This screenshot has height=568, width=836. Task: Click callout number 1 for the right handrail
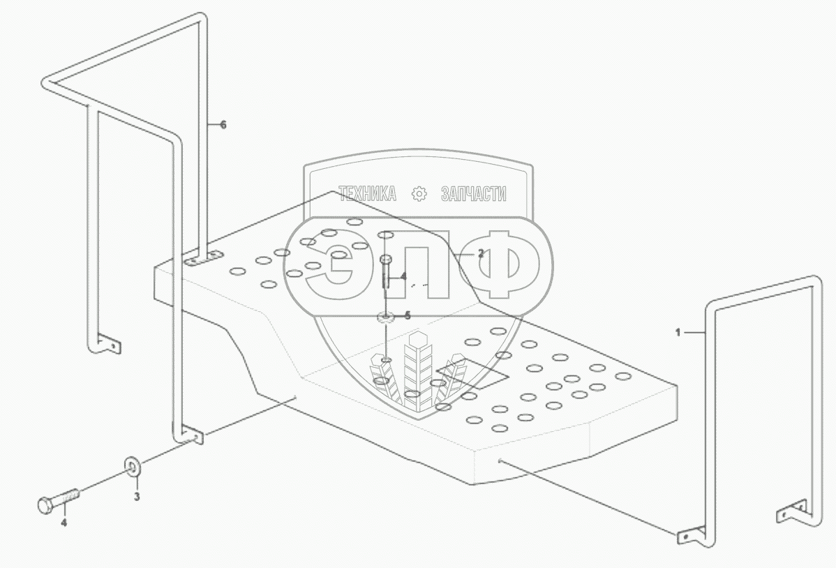[677, 334]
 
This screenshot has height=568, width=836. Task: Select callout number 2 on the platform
[480, 254]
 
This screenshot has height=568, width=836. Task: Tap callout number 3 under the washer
[137, 497]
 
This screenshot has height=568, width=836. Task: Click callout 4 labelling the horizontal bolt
[64, 522]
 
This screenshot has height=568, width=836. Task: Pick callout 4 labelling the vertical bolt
[403, 276]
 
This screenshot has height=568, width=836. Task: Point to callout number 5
[408, 315]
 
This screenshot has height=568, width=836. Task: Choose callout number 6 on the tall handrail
[223, 125]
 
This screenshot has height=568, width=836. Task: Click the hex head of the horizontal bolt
[43, 504]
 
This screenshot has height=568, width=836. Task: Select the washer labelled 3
[132, 465]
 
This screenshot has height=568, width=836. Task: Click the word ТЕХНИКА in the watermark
[367, 195]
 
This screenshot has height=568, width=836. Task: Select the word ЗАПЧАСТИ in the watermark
[474, 195]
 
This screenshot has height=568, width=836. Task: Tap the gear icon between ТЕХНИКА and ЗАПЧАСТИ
[419, 195]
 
